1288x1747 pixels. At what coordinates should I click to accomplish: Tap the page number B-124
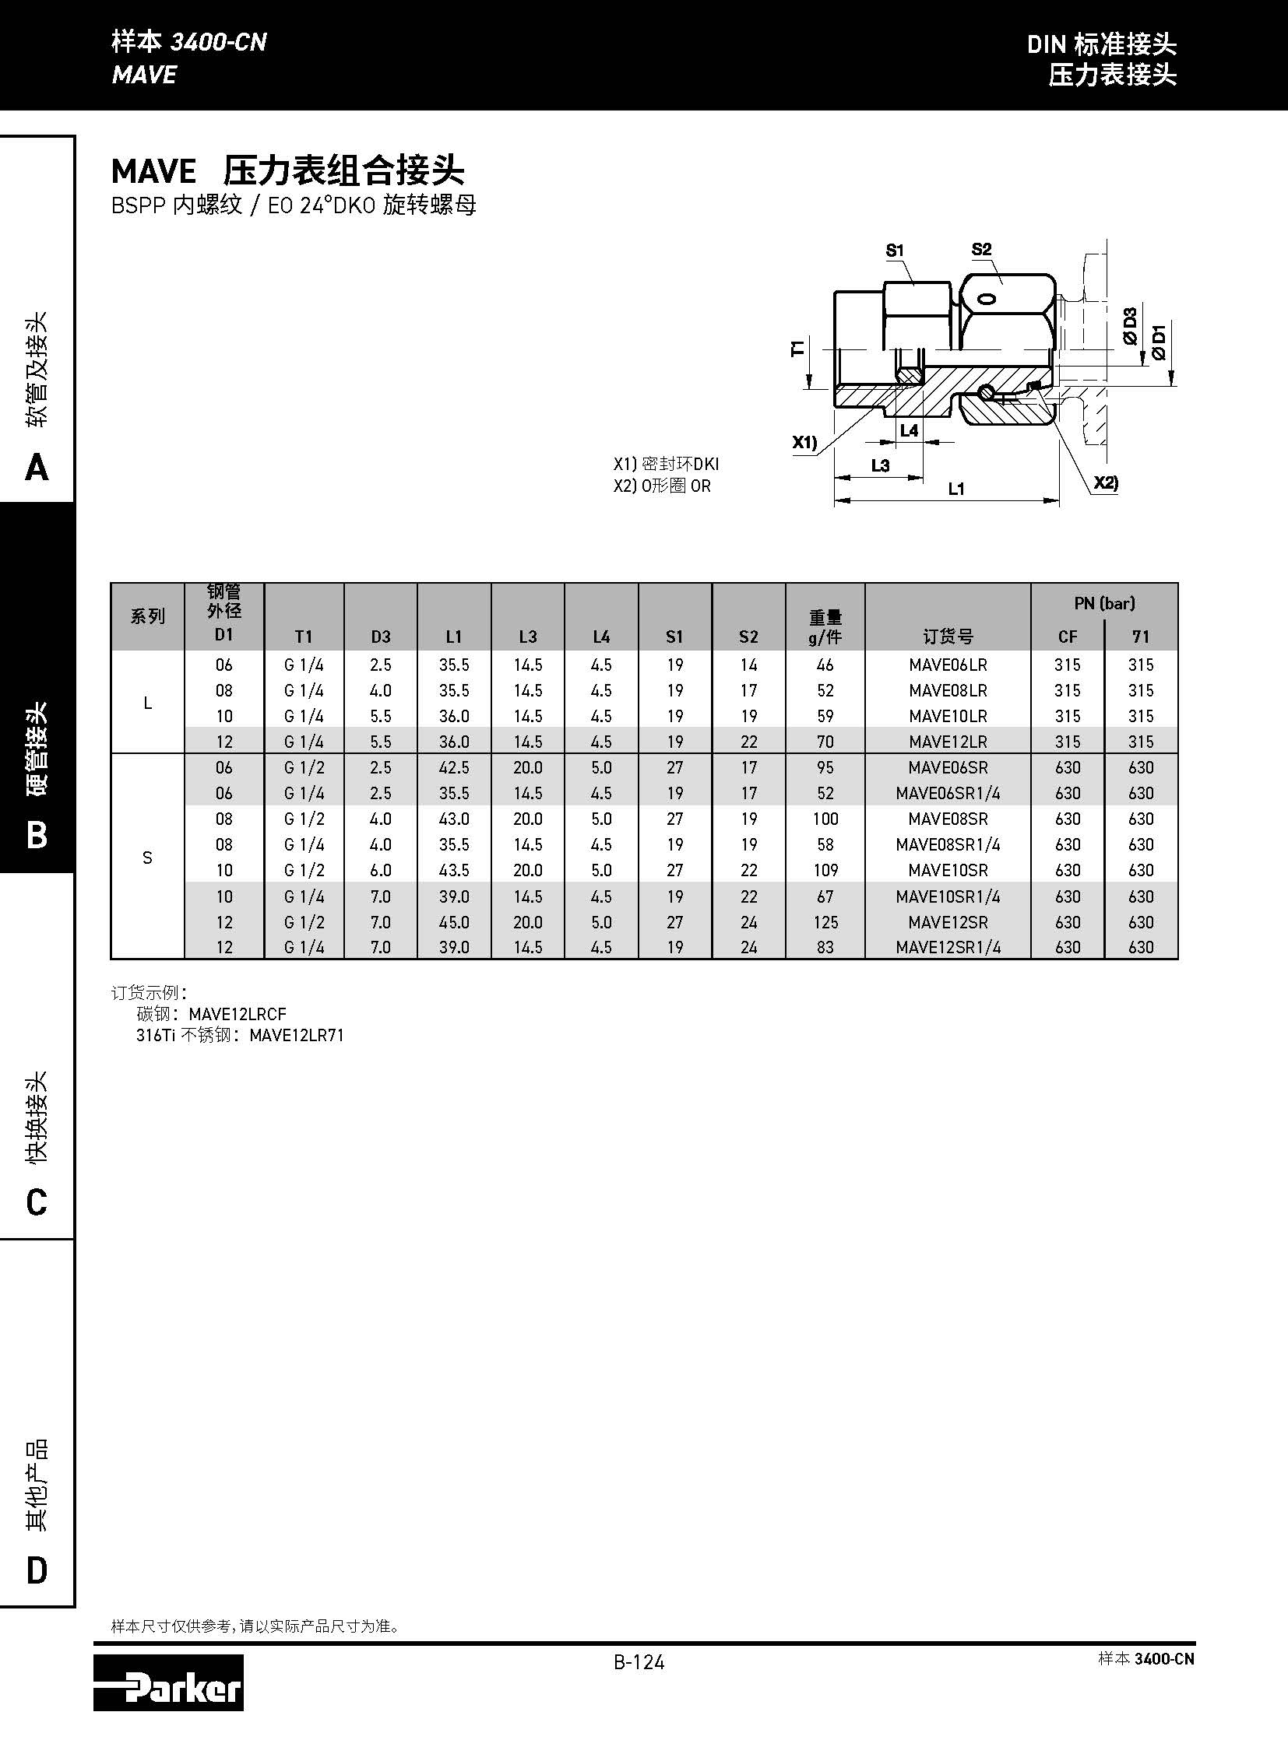click(639, 1662)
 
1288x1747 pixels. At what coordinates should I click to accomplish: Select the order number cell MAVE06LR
click(947, 665)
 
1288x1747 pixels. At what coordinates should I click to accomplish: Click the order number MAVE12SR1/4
click(947, 948)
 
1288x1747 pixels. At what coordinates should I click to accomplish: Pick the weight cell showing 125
click(825, 922)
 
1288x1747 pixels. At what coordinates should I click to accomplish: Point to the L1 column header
click(454, 637)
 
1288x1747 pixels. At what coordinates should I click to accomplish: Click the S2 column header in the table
click(748, 637)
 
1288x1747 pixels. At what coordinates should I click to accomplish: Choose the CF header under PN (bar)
click(1068, 637)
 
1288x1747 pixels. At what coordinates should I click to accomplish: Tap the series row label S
click(147, 857)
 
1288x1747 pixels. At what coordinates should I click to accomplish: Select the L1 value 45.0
click(454, 922)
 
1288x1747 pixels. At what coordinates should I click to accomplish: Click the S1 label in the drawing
click(894, 251)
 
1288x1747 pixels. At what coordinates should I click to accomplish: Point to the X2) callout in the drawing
click(1105, 482)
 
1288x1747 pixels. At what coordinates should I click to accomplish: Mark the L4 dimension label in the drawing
click(909, 430)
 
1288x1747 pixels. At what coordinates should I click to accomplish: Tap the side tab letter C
click(37, 1202)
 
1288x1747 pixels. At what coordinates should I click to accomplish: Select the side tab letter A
click(37, 468)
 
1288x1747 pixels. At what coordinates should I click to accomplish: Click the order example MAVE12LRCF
click(237, 1014)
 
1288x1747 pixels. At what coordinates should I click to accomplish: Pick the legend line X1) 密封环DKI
click(666, 465)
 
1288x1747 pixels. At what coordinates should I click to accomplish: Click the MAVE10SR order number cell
click(947, 870)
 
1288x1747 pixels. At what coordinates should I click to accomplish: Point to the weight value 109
click(825, 870)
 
